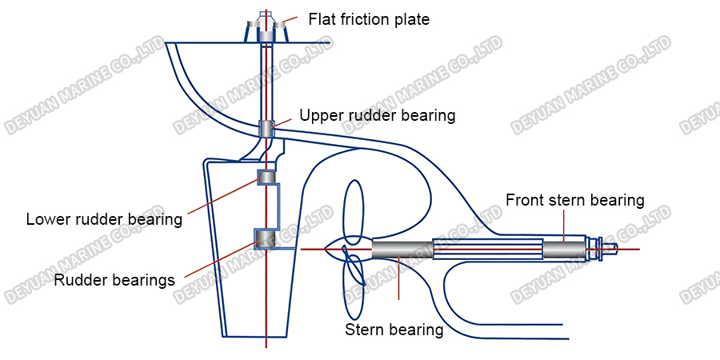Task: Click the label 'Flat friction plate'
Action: (369, 19)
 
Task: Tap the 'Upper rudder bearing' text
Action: (377, 115)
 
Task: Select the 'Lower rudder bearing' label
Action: (104, 218)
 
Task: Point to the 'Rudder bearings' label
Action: (114, 280)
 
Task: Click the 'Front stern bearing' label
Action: (574, 200)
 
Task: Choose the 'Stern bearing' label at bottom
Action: (394, 330)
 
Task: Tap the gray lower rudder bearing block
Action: (266, 177)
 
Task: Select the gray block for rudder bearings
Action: (265, 238)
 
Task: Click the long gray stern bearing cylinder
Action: (402, 250)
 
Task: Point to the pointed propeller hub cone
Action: (335, 250)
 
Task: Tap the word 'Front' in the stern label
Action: (525, 200)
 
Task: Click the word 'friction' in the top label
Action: (369, 19)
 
